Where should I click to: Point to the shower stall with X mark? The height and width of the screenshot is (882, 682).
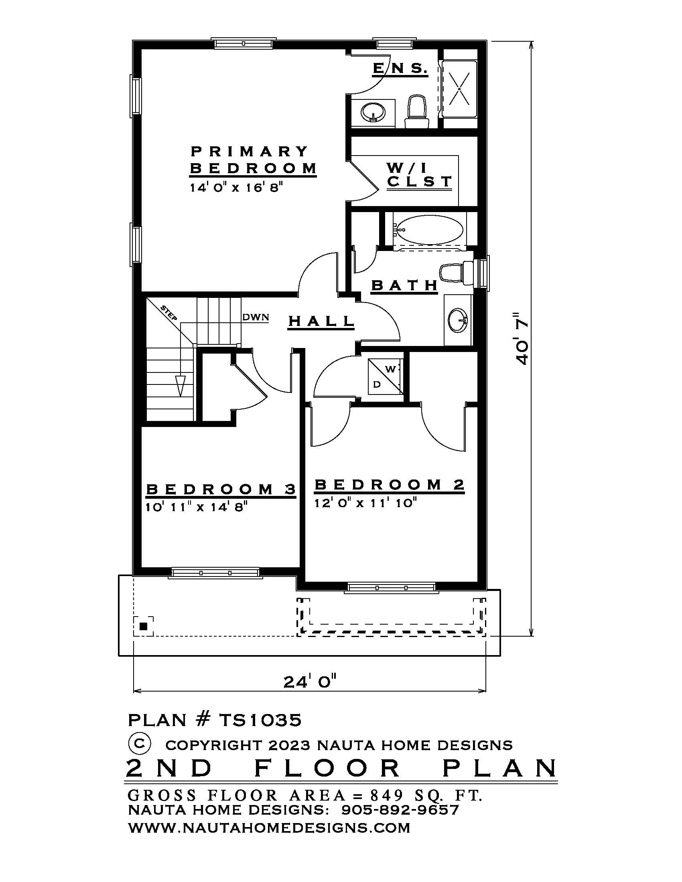coord(460,89)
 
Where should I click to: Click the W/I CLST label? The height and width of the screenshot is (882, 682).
coord(418,175)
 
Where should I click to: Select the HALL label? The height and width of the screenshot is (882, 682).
coord(321,322)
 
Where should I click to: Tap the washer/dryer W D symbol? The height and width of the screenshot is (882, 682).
coord(385,376)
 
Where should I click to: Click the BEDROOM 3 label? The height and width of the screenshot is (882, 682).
coord(221,490)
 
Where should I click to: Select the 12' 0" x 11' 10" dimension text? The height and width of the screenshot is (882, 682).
coord(365,503)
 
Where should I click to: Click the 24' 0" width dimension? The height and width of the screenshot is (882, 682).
coord(310,682)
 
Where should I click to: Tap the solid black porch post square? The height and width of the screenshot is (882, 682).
coord(143,626)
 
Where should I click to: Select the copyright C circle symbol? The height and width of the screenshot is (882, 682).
coord(139,743)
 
